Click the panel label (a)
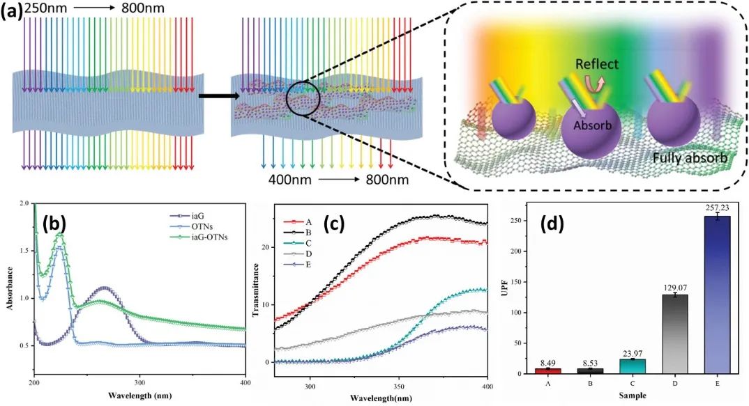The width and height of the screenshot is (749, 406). coord(13,12)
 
